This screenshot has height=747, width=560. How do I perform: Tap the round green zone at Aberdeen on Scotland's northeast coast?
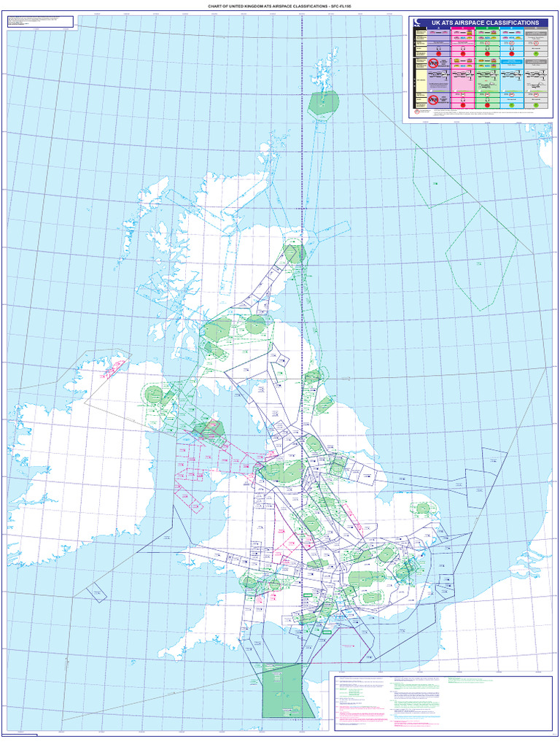coord(295,254)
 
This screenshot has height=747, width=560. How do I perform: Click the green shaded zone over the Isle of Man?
coord(214,429)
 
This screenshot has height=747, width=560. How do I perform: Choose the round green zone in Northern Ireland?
coord(154,395)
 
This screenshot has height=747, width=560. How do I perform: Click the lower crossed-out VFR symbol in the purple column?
coord(433,98)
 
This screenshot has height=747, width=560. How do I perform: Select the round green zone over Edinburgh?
coord(255,325)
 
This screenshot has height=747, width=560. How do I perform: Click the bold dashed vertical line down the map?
coord(302,365)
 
